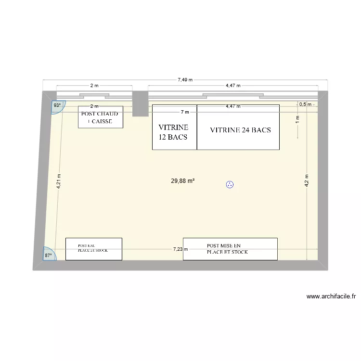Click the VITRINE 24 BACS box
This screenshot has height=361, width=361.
tap(238, 128)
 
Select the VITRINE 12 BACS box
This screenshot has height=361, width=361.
tap(174, 128)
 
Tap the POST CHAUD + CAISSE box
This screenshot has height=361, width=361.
tap(101, 117)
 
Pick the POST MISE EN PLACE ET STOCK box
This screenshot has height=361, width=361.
tap(230, 248)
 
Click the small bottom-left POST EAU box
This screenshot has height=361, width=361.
tap(93, 249)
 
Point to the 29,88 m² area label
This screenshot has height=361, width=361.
tap(182, 181)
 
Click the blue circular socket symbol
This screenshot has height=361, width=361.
tap(230, 184)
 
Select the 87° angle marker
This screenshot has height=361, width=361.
tap(49, 255)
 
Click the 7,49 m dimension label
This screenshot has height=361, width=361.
tap(185, 80)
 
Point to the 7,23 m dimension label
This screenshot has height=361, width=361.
tap(180, 249)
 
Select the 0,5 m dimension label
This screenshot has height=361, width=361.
tap(305, 104)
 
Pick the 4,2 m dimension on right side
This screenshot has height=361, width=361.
tap(306, 181)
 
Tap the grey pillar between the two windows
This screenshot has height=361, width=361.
tap(140, 103)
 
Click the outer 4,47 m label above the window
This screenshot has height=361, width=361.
tap(233, 86)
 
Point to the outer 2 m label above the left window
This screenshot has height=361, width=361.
tap(94, 86)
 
